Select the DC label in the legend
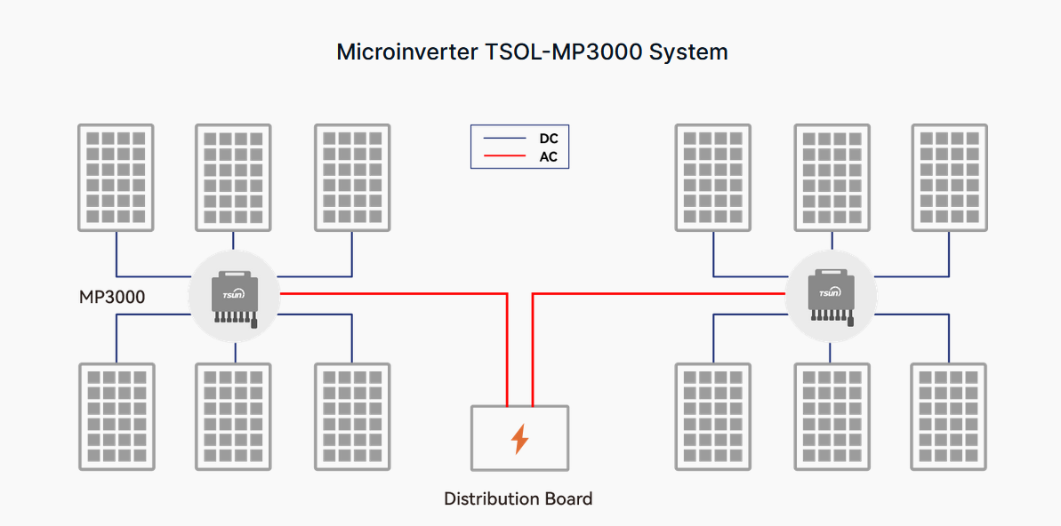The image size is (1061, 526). [549, 139]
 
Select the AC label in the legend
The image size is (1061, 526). [549, 157]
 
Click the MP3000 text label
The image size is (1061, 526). [112, 298]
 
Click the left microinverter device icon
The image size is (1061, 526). [235, 297]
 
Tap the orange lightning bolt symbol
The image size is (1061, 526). [519, 439]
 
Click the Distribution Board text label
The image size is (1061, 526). [518, 498]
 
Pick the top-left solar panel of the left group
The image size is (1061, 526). [116, 178]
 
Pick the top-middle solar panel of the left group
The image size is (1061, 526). [233, 178]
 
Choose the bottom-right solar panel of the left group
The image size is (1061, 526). [353, 416]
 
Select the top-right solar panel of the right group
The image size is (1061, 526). [949, 178]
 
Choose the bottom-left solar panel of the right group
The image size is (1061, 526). [712, 416]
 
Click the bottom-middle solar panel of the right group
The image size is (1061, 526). [831, 416]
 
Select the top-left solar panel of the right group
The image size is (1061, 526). [712, 178]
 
